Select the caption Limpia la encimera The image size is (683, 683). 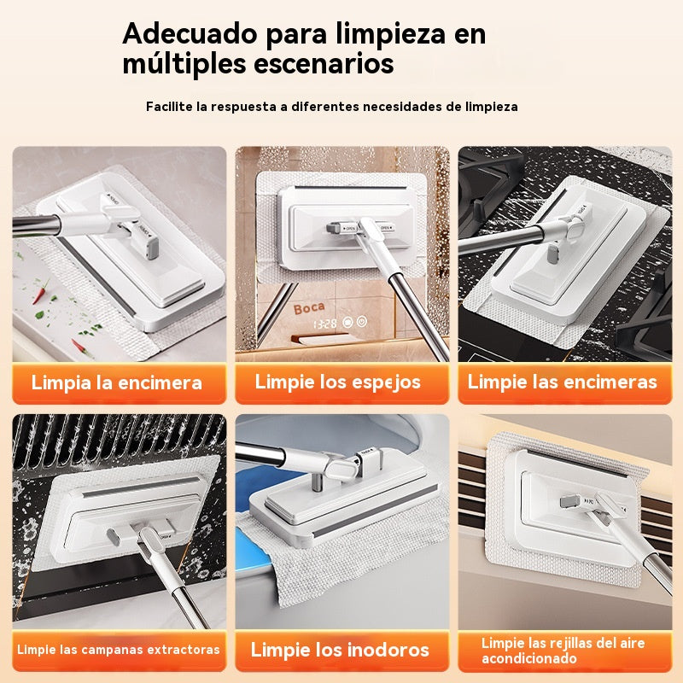pos(117,382)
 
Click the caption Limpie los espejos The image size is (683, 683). pos(338,382)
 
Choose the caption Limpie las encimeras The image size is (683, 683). pos(563,382)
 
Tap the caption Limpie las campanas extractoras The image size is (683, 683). pos(119,650)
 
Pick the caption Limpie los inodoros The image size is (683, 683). pos(340,650)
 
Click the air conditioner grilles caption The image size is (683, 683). pos(563,651)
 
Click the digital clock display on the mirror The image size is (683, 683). pos(329,324)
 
